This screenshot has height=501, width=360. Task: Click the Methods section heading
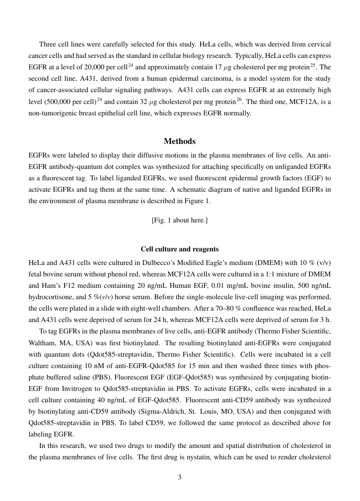pos(180,141)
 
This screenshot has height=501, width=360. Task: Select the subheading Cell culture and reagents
pos(180,249)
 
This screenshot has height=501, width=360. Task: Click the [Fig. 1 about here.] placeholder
pos(180,220)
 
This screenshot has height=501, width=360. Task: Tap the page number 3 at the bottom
pos(180,477)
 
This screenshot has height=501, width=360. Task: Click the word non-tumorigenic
pos(50,113)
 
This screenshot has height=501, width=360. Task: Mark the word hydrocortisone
pos(49,297)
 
